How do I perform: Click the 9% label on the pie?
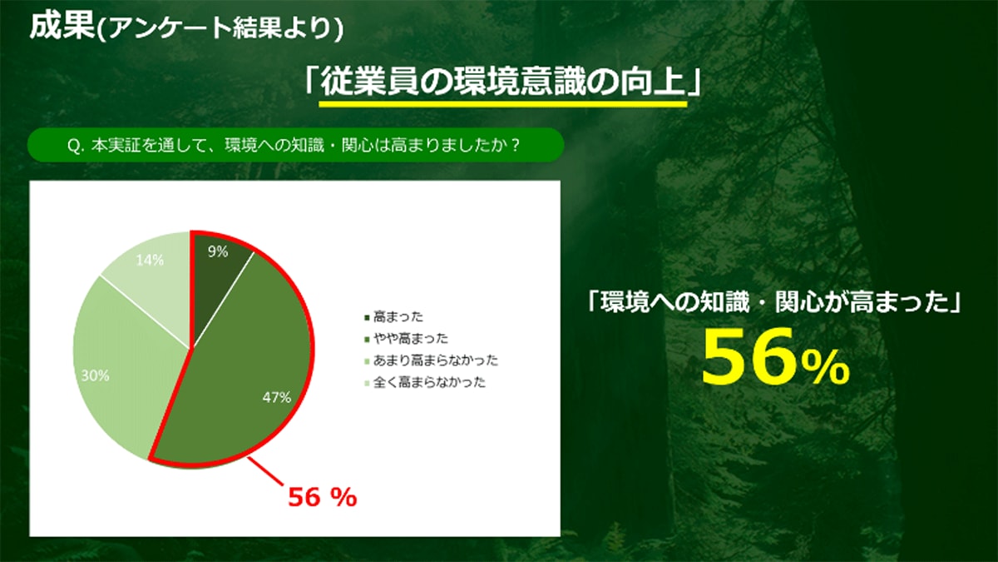[218, 252]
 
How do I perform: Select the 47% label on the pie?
[277, 397]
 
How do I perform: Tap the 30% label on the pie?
[96, 376]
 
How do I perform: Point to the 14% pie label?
[150, 261]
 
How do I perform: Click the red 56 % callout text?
[323, 497]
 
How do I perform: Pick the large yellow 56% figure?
[776, 357]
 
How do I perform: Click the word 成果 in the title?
[62, 26]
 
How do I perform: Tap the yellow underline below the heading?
[503, 103]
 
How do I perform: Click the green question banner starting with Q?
[296, 145]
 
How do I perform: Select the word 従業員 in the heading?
[370, 82]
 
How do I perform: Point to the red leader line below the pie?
[265, 472]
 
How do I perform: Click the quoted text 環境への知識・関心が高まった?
[773, 302]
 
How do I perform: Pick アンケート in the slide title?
[170, 27]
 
